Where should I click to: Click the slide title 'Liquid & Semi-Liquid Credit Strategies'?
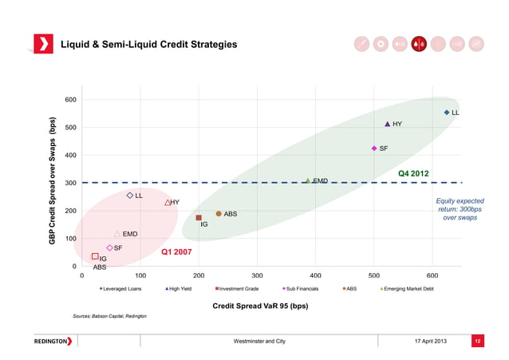pyautogui.click(x=149, y=44)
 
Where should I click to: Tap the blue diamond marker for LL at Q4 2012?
pyautogui.click(x=447, y=113)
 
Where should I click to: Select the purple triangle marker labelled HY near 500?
pyautogui.click(x=388, y=124)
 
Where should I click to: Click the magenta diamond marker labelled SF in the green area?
pyautogui.click(x=373, y=148)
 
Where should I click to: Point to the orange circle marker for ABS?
pyautogui.click(x=219, y=213)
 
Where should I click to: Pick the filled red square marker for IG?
pyautogui.click(x=199, y=217)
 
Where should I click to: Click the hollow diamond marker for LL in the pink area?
pyautogui.click(x=129, y=195)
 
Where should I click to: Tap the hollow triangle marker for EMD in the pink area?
pyautogui.click(x=117, y=234)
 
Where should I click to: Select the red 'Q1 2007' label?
pyautogui.click(x=176, y=252)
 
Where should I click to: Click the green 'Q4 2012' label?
pyautogui.click(x=413, y=173)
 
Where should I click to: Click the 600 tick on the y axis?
pyautogui.click(x=71, y=100)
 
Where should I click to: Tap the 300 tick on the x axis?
pyautogui.click(x=257, y=275)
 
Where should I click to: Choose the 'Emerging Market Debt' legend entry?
pyautogui.click(x=408, y=289)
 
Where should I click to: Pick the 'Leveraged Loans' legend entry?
pyautogui.click(x=121, y=289)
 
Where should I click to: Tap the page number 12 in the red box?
pyautogui.click(x=479, y=342)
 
